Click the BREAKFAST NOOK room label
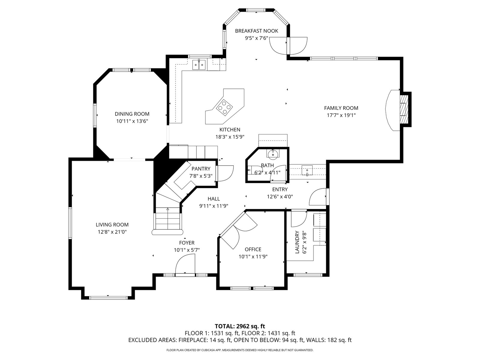(x=256, y=31)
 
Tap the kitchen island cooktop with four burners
(x=224, y=107)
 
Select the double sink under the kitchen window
(x=199, y=65)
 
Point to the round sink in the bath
(x=273, y=153)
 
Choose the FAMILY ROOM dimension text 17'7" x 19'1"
(x=341, y=115)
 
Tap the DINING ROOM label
(x=132, y=114)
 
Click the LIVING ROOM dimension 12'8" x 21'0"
(x=112, y=232)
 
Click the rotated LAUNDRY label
(x=297, y=242)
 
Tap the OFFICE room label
(x=253, y=249)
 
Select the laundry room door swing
(x=299, y=219)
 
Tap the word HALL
(x=214, y=199)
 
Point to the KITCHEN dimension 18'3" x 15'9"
(x=230, y=137)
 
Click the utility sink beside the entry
(x=307, y=170)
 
